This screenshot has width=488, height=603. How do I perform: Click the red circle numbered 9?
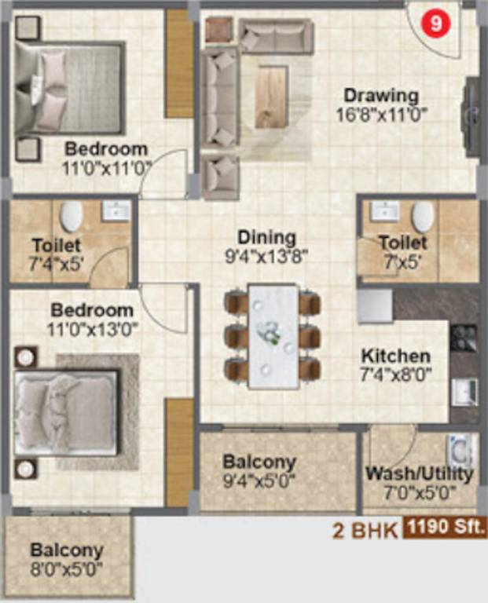click(x=435, y=24)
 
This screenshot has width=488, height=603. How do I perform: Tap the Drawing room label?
click(x=381, y=96)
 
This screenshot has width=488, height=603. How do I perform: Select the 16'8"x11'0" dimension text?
click(x=382, y=115)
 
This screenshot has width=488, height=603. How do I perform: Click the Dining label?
click(x=266, y=238)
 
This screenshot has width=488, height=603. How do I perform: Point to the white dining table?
click(x=273, y=337)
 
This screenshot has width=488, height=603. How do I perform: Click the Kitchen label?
click(x=396, y=356)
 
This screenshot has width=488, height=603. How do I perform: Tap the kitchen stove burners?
click(x=464, y=338)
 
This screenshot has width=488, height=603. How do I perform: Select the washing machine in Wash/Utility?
click(x=462, y=451)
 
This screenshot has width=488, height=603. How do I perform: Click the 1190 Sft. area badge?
click(x=445, y=527)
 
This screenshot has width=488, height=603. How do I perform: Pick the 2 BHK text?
click(x=365, y=531)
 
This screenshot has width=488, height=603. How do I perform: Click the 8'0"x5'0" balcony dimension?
click(x=67, y=569)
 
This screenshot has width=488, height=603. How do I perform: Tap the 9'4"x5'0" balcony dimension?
click(x=259, y=481)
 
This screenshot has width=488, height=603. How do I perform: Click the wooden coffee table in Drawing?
click(x=272, y=96)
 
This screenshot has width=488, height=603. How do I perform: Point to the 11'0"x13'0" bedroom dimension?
click(x=93, y=329)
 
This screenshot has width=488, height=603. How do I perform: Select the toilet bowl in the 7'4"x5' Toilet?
click(x=72, y=216)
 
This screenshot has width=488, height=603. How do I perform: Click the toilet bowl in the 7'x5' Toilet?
click(x=423, y=217)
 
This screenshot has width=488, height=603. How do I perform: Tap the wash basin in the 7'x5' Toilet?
click(x=384, y=210)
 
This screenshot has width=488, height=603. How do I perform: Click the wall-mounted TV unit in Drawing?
click(x=471, y=116)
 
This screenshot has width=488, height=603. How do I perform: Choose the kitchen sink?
click(x=465, y=393)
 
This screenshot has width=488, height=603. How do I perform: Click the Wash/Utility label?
click(x=419, y=473)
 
